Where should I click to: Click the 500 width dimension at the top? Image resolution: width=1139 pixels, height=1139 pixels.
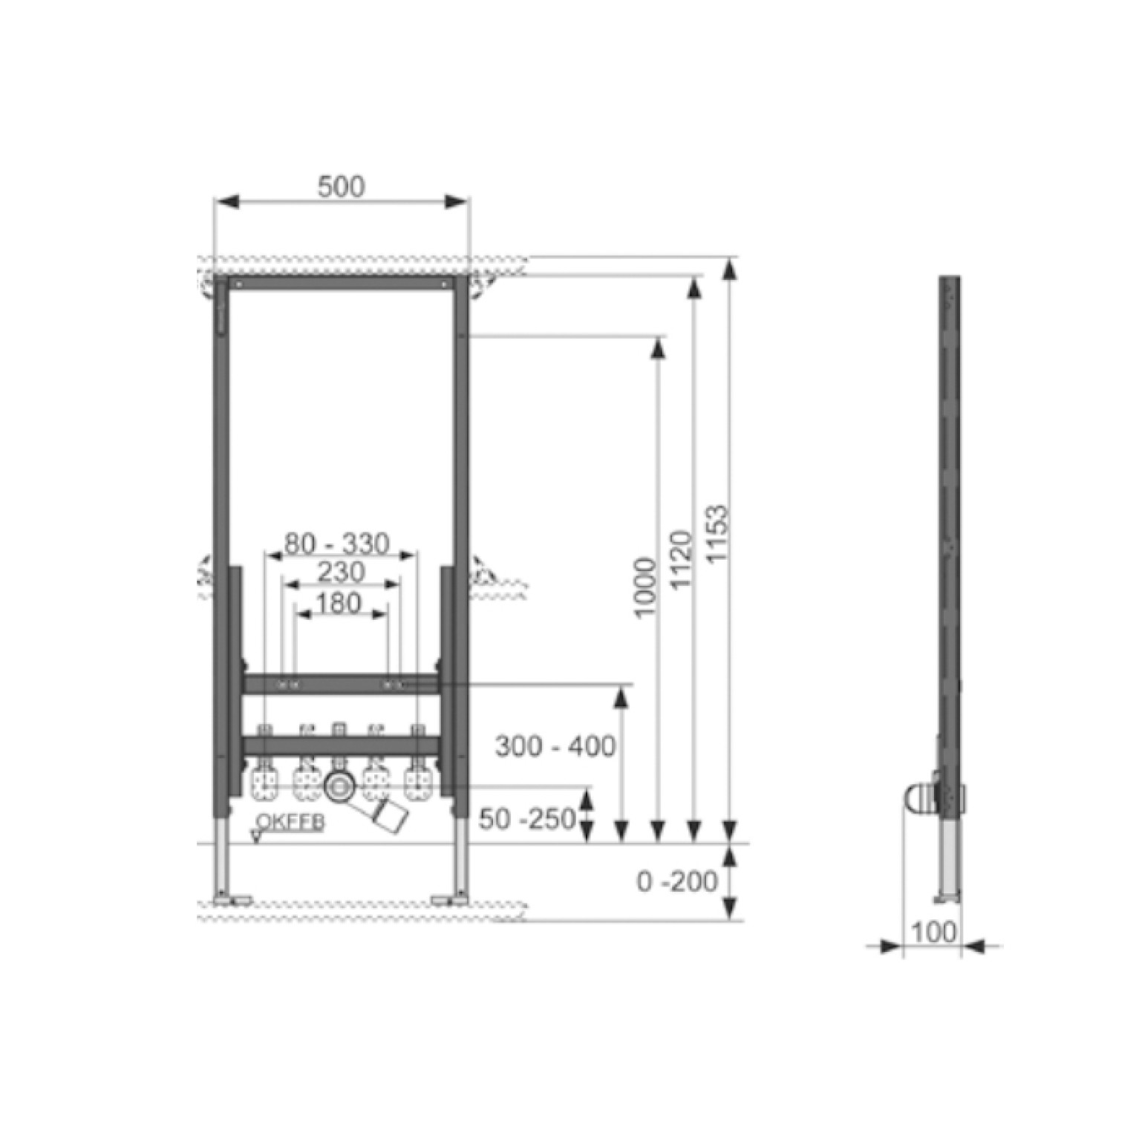[342, 186]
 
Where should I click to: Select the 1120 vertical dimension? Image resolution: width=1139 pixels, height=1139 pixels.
[681, 559]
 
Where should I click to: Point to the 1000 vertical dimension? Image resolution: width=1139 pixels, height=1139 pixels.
[645, 587]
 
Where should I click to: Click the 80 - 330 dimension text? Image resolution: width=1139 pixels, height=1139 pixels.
[337, 544]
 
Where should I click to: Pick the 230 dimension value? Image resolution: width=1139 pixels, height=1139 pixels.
[341, 572]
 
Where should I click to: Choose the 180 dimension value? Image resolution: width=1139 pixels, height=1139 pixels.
[339, 603]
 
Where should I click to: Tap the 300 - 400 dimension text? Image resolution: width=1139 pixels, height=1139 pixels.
[555, 746]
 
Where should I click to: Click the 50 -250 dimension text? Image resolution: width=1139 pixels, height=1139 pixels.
[527, 819]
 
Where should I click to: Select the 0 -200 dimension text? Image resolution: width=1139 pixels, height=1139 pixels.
[677, 881]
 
